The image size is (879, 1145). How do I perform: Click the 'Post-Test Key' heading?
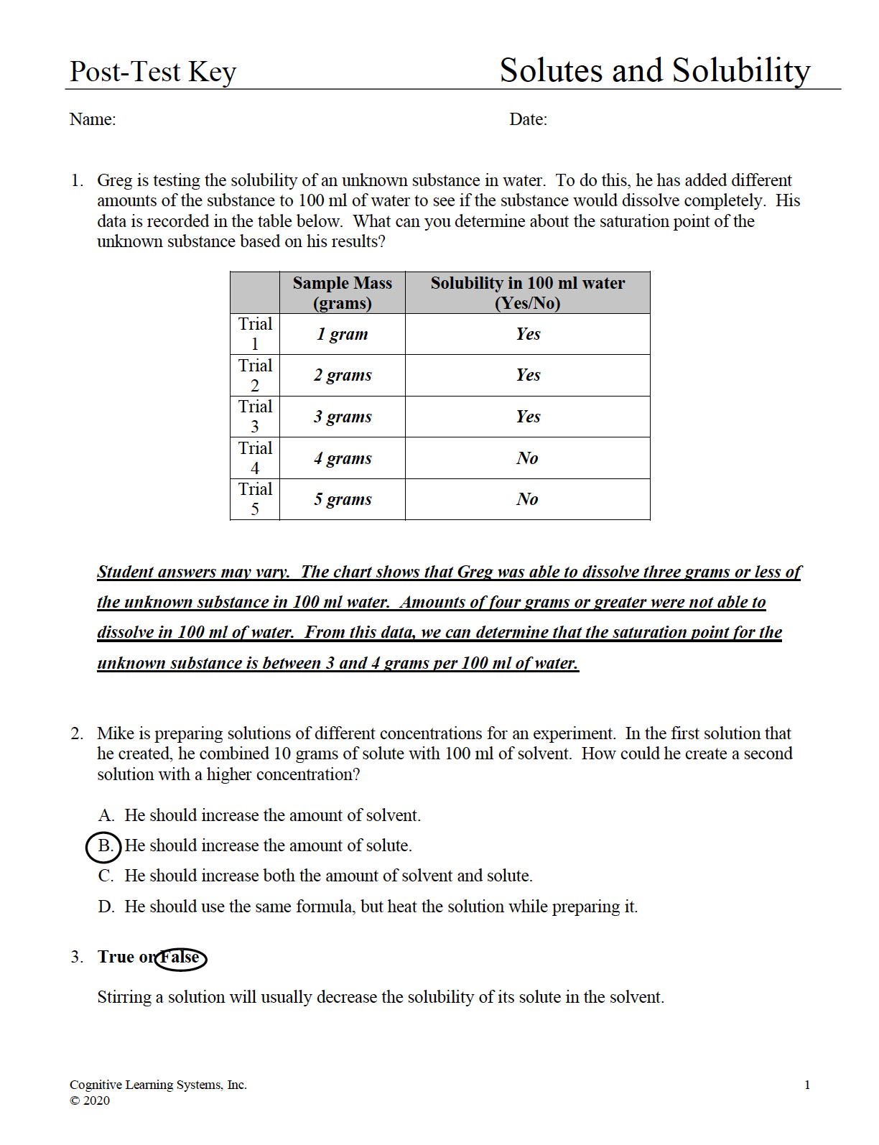click(x=152, y=72)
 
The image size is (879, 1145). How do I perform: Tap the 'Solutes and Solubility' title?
click(x=654, y=70)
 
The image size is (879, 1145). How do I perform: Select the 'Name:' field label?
click(x=93, y=119)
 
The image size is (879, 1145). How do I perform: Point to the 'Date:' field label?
click(x=528, y=119)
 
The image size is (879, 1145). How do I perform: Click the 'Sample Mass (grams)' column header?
click(x=342, y=292)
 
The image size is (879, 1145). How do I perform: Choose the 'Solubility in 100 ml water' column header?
click(x=527, y=292)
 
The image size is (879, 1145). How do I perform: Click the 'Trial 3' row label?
click(x=255, y=417)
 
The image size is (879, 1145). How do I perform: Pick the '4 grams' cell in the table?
click(x=342, y=458)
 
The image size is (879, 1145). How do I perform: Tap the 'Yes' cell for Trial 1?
click(x=527, y=334)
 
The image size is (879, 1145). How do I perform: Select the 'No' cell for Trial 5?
click(x=527, y=499)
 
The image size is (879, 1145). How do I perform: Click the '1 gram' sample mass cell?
click(x=342, y=334)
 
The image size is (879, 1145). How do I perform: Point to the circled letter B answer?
click(x=105, y=846)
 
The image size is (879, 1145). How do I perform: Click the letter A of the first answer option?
click(x=106, y=815)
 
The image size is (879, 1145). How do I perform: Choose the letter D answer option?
click(x=106, y=907)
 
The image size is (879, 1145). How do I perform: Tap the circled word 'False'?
click(x=180, y=958)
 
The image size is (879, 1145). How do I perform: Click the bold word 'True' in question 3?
click(x=116, y=957)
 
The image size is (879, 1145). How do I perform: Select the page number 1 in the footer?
click(x=807, y=1085)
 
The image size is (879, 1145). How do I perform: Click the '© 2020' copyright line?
click(x=90, y=1100)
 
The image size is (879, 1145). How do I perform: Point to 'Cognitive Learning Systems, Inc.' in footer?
click(x=158, y=1085)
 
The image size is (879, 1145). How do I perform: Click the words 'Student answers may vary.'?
click(x=193, y=572)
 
